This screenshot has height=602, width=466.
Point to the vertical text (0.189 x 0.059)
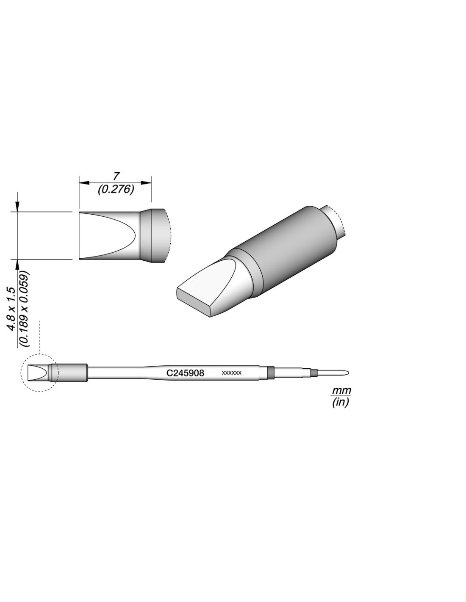pyautogui.click(x=25, y=309)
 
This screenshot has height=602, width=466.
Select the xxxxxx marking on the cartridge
pyautogui.click(x=231, y=373)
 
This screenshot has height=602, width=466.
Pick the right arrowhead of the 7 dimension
pyautogui.click(x=145, y=182)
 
